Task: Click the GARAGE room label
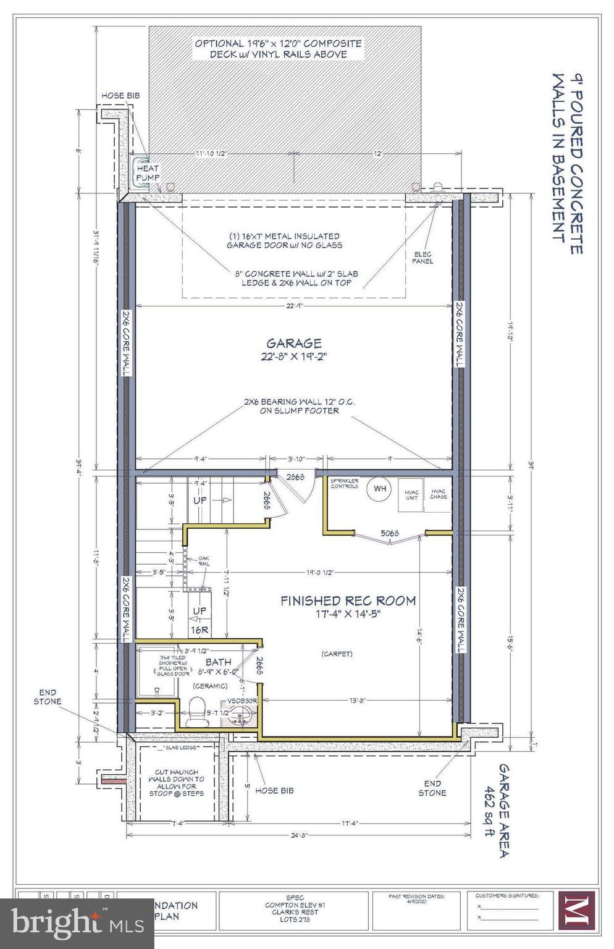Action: [293, 343]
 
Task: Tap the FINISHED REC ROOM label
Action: [348, 600]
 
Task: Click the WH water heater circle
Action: [379, 489]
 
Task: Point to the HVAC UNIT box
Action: [411, 494]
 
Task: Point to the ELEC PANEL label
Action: [423, 258]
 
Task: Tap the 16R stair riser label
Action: [200, 630]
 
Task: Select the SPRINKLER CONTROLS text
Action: [344, 483]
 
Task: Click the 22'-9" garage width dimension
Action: [293, 305]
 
